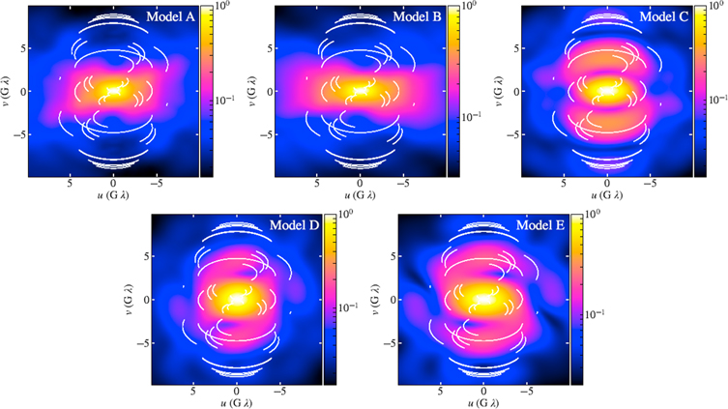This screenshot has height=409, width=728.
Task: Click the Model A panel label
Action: [170, 16]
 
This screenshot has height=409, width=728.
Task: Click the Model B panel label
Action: [416, 16]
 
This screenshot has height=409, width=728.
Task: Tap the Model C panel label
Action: [662, 16]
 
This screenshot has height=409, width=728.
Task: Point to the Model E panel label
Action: [539, 224]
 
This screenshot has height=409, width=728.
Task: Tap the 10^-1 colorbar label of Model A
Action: [219, 99]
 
